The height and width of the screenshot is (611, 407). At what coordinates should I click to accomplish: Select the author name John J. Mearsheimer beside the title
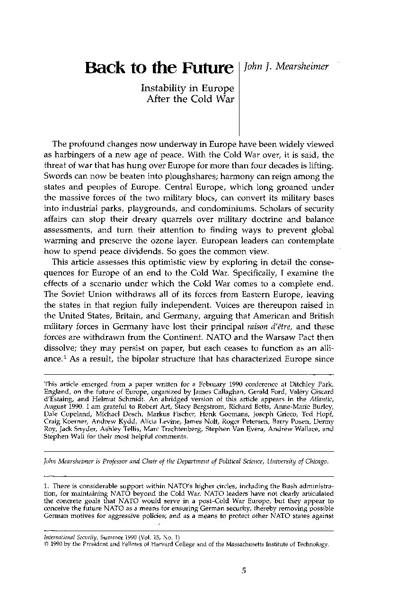[285, 67]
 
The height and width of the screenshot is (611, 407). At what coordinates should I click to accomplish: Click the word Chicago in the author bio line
[313, 461]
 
